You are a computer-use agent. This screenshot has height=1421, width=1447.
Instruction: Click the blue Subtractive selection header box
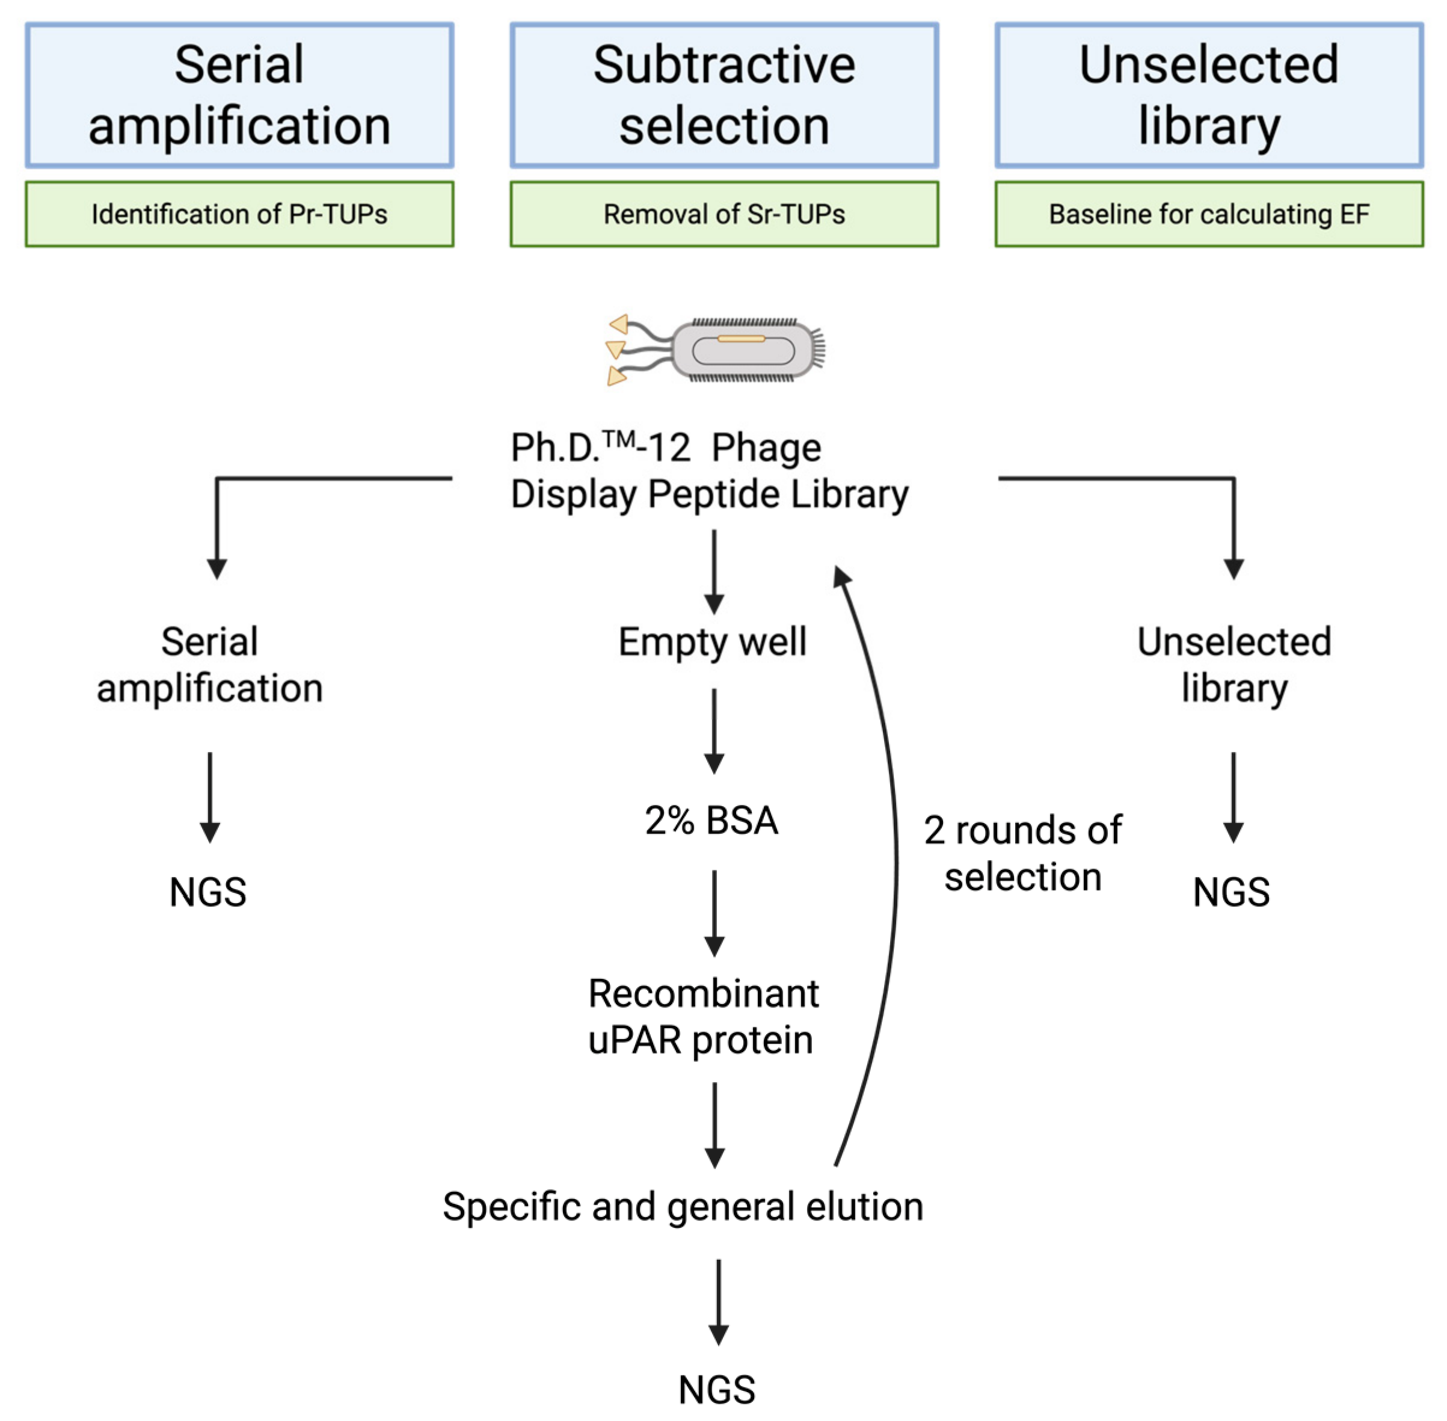tap(724, 95)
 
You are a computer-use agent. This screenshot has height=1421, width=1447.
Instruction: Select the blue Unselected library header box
tap(1209, 95)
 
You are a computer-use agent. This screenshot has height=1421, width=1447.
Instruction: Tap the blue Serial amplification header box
tap(239, 95)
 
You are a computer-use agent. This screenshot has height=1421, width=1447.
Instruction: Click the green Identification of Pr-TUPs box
tap(239, 214)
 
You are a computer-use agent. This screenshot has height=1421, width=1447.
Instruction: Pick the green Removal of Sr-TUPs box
tap(724, 214)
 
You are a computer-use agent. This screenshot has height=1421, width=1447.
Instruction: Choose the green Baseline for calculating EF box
tap(1209, 214)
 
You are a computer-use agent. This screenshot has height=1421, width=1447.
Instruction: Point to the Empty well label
tap(713, 642)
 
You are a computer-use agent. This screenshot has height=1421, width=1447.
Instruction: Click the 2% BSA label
tap(712, 820)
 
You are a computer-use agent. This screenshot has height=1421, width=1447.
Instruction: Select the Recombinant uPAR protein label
tap(703, 1017)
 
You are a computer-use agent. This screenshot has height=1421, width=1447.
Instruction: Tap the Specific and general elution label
tap(683, 1207)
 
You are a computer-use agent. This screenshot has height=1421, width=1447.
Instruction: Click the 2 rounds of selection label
tap(1022, 853)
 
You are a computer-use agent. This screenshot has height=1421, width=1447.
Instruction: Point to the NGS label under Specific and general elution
tap(716, 1390)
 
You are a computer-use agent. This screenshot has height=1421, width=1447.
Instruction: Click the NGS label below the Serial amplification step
tap(207, 892)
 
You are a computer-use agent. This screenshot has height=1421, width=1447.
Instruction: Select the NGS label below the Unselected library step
tap(1231, 892)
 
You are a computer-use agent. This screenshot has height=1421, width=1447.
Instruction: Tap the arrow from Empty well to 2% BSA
tap(714, 732)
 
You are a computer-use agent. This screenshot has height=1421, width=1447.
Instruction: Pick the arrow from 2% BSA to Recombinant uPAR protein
tap(714, 913)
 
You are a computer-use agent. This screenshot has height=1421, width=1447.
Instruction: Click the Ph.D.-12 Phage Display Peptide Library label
tap(709, 470)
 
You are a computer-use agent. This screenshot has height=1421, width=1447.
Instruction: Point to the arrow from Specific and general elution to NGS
tap(718, 1303)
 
